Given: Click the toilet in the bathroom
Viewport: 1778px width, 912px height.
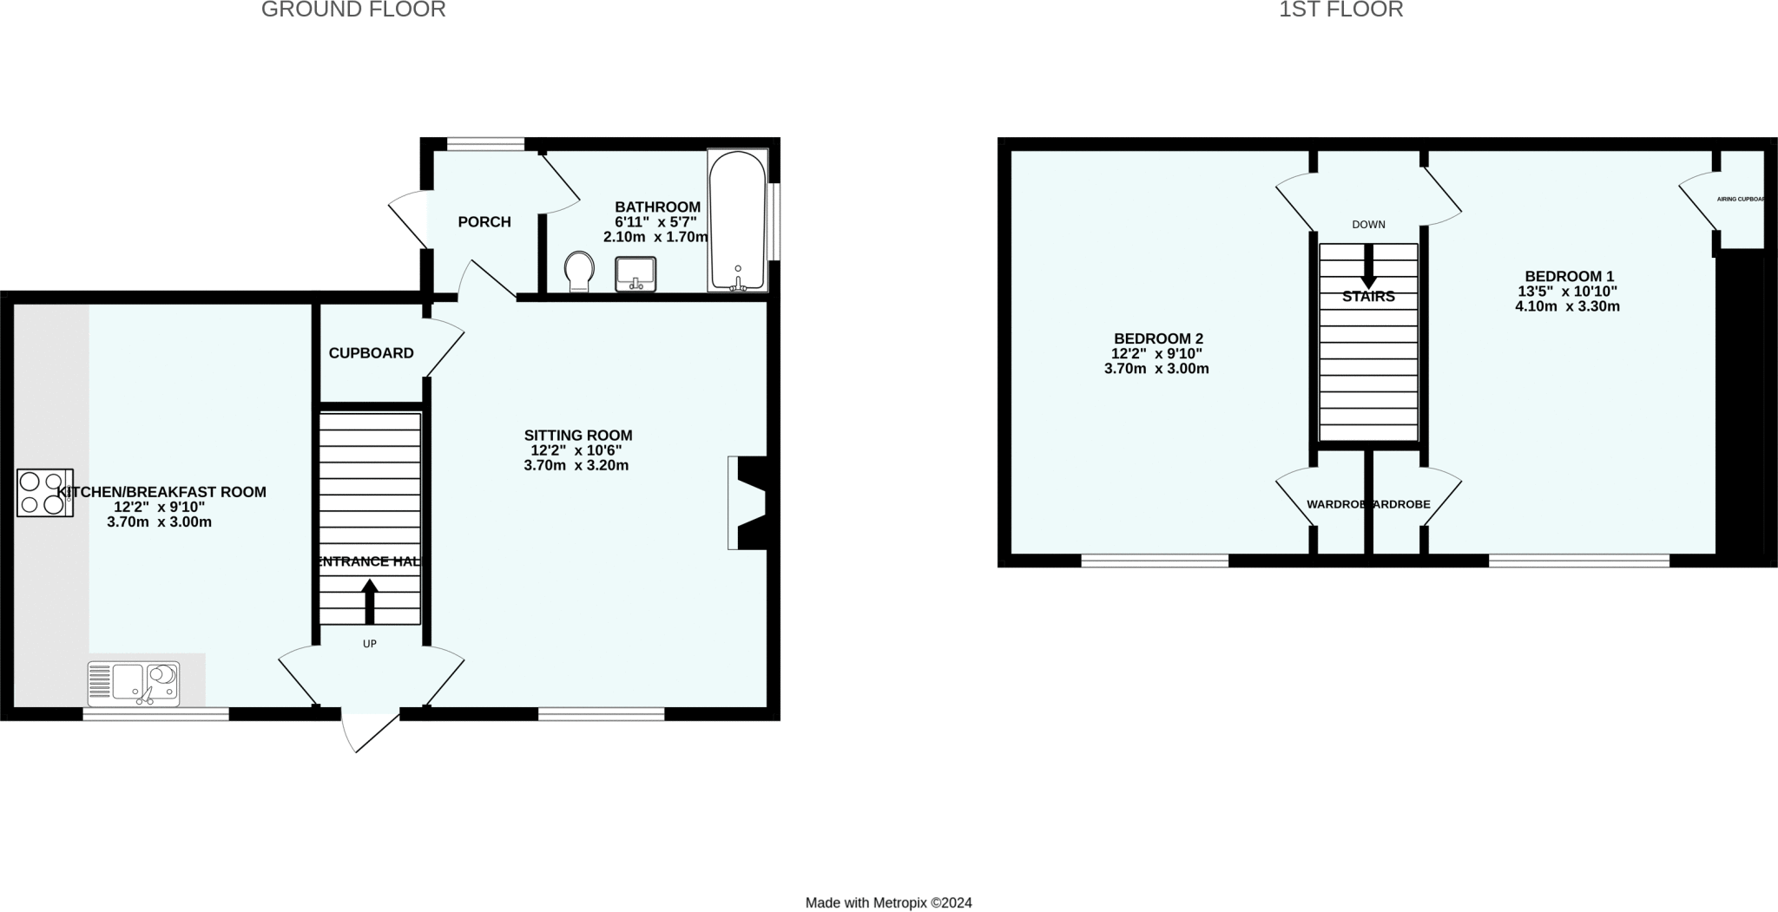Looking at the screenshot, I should [579, 272].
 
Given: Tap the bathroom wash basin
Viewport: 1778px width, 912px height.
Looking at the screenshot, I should [635, 274].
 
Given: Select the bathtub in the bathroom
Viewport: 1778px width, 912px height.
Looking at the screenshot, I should [738, 221].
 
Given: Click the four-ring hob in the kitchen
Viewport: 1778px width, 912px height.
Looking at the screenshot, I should [44, 493].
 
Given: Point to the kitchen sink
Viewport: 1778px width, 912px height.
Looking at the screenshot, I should [134, 683].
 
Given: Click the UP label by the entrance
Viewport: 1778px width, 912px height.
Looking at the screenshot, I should [370, 644].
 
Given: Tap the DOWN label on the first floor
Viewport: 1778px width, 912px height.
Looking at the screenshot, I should [1368, 225].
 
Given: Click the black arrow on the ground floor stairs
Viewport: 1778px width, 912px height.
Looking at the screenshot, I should [370, 600].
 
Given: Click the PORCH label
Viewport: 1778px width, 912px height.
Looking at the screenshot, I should [484, 222].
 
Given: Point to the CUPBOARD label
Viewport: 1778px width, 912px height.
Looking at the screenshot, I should [371, 353].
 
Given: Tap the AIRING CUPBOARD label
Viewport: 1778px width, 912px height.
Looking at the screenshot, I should [1741, 199].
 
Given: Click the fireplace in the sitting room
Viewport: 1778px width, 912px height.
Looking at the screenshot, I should [748, 502].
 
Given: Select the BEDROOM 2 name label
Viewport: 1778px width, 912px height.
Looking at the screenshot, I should [1158, 338].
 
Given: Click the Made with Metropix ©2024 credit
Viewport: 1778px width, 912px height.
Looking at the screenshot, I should [888, 902].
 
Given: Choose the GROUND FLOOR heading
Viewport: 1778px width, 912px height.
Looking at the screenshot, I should [353, 10].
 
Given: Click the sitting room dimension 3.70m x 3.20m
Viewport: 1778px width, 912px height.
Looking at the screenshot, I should [576, 466].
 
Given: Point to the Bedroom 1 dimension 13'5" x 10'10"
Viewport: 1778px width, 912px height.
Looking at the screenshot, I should [1567, 292].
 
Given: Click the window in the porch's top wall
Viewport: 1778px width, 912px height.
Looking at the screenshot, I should [486, 144].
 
